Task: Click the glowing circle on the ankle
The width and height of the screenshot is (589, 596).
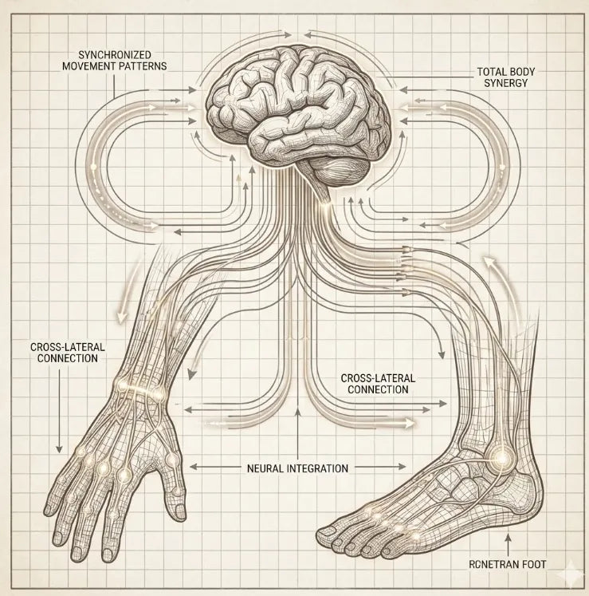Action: pos(502,458)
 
